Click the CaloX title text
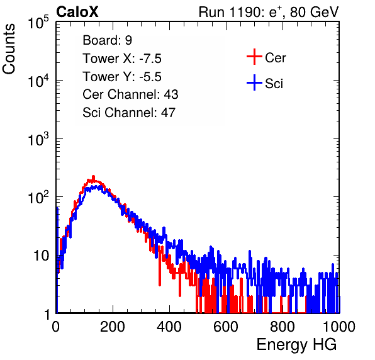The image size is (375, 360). (77, 12)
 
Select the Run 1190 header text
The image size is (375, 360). (269, 12)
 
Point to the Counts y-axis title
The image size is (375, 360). (9, 49)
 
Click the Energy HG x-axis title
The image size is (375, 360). (296, 345)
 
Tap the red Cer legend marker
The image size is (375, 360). (254, 57)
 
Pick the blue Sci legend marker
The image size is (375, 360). (254, 82)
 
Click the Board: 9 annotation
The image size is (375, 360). (107, 40)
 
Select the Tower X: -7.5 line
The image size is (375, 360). (122, 59)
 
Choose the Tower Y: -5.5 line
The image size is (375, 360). (122, 77)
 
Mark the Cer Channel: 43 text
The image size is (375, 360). (130, 94)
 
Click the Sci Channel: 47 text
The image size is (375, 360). (129, 113)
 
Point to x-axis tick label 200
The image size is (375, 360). (113, 327)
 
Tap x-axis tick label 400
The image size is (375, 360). (169, 327)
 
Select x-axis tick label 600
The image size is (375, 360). (226, 327)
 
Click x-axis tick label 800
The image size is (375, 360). (283, 327)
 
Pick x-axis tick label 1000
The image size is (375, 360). (339, 327)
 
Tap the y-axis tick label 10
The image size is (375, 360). (41, 256)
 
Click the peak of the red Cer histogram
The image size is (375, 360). (93, 176)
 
